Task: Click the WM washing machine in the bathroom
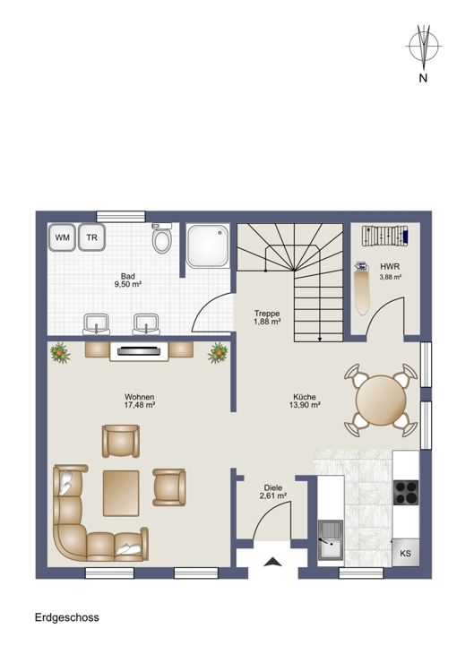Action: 62,237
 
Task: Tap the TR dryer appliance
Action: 90,237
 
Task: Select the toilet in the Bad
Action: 162,240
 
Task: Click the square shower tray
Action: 209,246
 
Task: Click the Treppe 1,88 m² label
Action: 267,317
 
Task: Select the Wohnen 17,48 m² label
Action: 141,401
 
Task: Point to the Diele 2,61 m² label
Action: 272,491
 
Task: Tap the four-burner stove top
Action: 406,493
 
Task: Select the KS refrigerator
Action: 406,553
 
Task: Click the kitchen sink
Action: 330,540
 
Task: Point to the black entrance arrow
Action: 272,563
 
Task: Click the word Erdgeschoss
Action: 67,618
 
